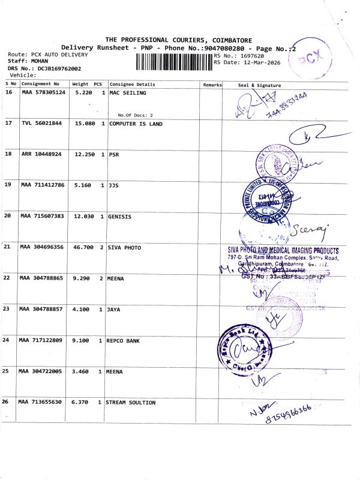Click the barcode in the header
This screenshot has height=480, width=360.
click(174, 61)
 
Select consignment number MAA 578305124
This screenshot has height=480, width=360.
click(43, 93)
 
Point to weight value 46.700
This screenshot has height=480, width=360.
click(82, 247)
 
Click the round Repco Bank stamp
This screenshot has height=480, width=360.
click(244, 348)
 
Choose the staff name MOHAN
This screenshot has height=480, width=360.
click(38, 61)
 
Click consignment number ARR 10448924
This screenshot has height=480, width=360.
click(41, 154)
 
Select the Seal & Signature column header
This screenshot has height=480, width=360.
click(259, 85)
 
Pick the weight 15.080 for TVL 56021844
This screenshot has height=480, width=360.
click(82, 124)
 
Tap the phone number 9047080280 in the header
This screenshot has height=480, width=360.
click(227, 47)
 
